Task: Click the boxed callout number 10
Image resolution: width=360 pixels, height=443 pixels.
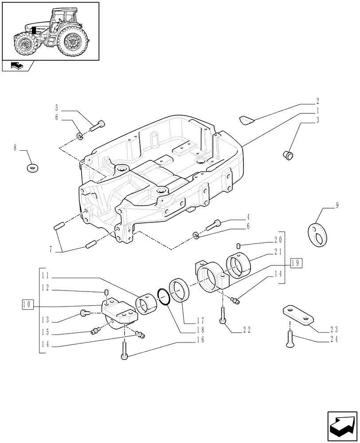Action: click(x=27, y=305)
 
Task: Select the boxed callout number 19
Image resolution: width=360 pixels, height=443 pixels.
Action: click(x=297, y=263)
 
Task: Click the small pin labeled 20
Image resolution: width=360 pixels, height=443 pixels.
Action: click(x=239, y=245)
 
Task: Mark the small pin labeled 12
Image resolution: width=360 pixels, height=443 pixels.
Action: click(x=107, y=292)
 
